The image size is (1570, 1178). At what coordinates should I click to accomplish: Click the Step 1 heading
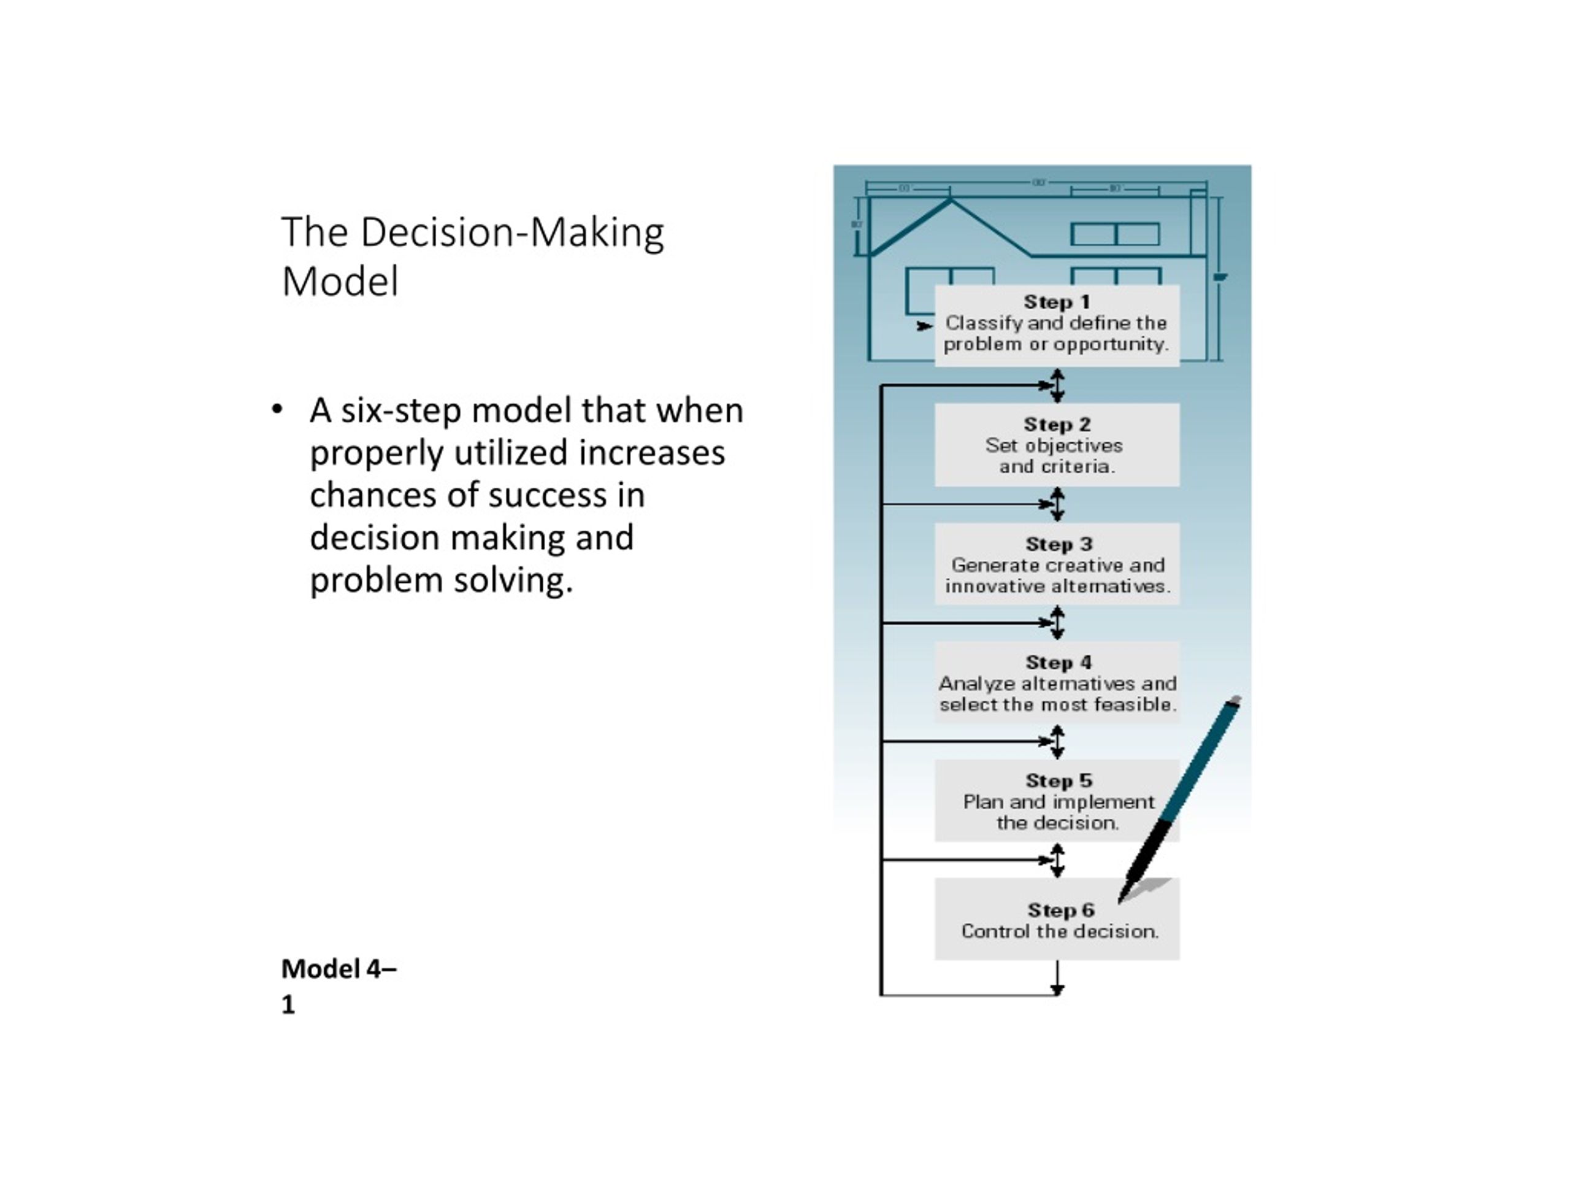(1056, 302)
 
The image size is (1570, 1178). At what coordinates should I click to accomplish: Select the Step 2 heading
(1057, 425)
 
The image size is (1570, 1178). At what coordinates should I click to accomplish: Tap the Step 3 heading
(1059, 544)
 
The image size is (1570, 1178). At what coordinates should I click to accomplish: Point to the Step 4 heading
(1059, 663)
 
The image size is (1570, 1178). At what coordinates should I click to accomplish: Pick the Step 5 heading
(1059, 780)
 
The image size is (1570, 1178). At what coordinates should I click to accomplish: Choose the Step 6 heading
(1060, 910)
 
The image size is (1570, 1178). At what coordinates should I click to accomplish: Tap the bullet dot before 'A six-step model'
(277, 410)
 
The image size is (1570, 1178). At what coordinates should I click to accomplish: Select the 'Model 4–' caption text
(339, 969)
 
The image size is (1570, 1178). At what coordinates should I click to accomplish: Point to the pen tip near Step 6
(1119, 902)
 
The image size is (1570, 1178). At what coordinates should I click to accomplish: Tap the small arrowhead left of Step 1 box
(925, 326)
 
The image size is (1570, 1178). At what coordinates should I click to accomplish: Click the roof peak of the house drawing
(951, 201)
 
